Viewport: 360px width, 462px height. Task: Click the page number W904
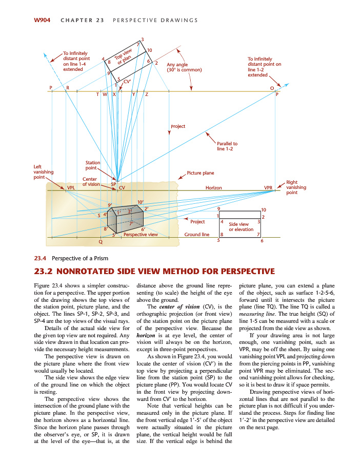tap(42, 20)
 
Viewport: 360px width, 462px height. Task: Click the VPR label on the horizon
tap(268, 188)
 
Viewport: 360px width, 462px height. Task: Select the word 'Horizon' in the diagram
tap(213, 188)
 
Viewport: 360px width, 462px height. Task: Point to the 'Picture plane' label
tap(201, 173)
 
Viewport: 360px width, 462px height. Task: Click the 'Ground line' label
tap(197, 235)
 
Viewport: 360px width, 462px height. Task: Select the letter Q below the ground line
tap(101, 241)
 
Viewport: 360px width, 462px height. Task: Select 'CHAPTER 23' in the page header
tap(82, 20)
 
